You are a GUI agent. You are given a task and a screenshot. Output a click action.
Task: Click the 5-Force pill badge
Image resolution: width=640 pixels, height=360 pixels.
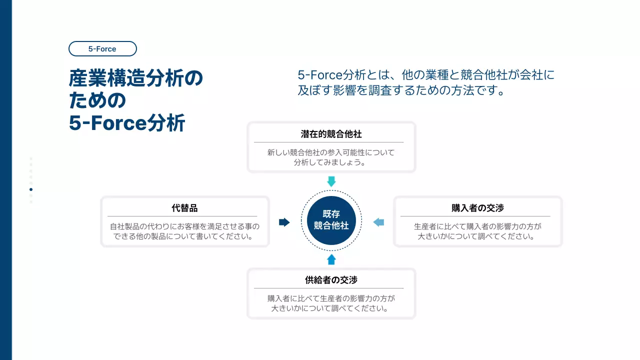click(102, 49)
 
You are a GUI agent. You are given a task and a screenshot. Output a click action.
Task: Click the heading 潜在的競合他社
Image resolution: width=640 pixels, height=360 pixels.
click(331, 134)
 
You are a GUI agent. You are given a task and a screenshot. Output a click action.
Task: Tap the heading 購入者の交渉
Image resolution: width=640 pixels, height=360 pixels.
click(477, 208)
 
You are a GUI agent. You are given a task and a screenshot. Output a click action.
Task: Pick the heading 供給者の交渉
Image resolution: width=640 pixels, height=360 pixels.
click(331, 280)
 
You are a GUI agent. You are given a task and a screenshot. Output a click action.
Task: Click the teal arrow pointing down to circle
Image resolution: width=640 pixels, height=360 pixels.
click(331, 181)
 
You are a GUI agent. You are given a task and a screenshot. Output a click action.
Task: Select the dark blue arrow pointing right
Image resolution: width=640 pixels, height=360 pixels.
click(284, 222)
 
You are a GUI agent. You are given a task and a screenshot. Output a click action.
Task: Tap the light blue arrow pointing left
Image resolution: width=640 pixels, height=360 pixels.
click(378, 222)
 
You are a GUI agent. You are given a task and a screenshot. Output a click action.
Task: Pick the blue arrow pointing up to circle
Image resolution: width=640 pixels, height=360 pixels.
click(331, 259)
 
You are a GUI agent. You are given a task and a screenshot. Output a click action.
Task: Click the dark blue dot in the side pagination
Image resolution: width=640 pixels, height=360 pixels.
click(31, 189)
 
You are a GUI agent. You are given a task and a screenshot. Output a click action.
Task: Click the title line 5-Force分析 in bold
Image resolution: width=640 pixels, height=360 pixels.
click(127, 123)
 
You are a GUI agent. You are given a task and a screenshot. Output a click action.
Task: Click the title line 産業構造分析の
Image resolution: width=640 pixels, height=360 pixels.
click(136, 79)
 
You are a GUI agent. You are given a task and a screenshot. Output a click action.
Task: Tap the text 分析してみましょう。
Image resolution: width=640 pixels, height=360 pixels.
click(331, 162)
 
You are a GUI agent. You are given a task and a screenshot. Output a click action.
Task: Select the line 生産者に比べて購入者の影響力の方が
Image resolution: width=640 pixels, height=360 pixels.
click(477, 226)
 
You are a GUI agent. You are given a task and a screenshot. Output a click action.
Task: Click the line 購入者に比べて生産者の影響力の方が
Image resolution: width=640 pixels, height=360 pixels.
click(331, 299)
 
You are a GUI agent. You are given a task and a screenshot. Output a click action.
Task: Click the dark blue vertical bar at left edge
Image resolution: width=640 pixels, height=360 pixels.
click(5, 180)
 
